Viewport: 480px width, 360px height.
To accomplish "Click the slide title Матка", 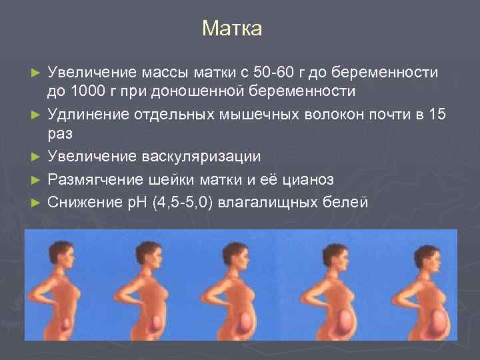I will point(232,29).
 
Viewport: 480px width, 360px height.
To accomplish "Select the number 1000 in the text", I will point(87,90).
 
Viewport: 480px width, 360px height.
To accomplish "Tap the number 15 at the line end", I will point(437,114).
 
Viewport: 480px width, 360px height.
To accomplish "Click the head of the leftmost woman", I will point(55,254).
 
